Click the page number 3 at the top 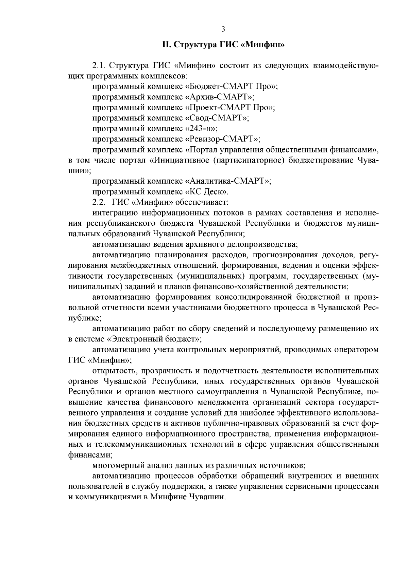point(223,29)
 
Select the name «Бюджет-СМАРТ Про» point(231,86)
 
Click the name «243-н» point(201,128)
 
